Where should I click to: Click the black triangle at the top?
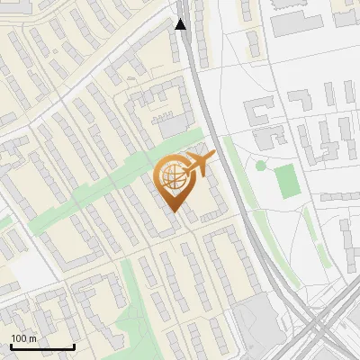tap(181, 24)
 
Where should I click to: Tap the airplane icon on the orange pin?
tap(196, 164)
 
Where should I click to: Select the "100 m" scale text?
tap(24, 338)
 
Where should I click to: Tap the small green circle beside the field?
tap(261, 166)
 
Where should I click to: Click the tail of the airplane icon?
tap(210, 157)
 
